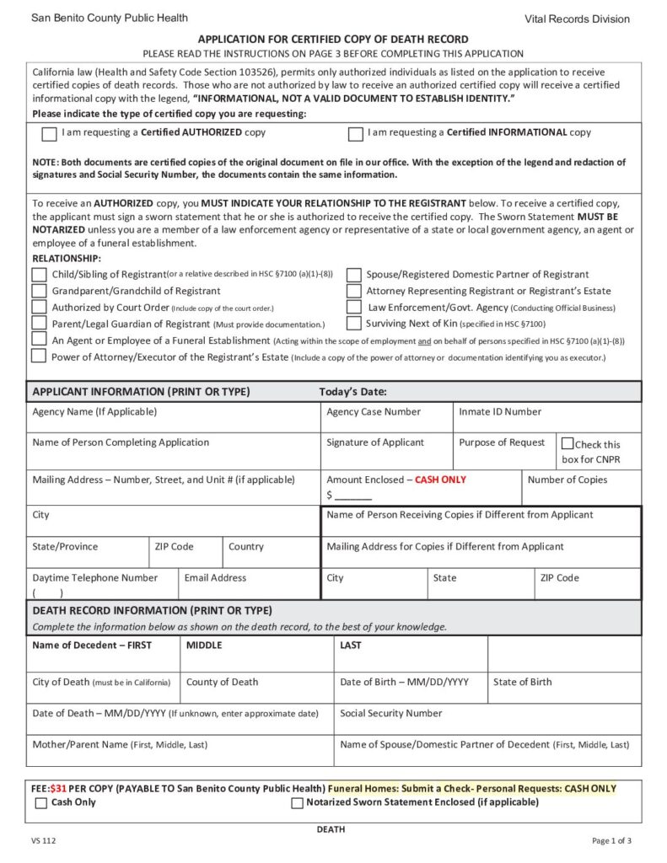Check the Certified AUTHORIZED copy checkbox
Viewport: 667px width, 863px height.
coord(49,134)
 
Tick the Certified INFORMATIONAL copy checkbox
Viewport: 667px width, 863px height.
coord(356,134)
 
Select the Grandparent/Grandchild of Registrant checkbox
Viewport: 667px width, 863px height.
coord(39,291)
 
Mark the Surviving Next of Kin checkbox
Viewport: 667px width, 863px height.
coord(354,323)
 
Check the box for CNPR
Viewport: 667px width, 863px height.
coord(567,444)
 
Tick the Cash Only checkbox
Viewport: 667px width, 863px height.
coord(40,803)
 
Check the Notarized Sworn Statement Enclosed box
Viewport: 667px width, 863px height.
coord(297,803)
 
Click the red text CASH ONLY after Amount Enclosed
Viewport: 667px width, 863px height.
coord(440,480)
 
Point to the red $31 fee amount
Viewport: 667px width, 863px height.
coord(58,789)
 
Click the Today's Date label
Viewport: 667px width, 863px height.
coord(352,392)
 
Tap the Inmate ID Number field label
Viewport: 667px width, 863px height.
coord(500,412)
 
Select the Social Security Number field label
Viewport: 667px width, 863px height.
coord(390,713)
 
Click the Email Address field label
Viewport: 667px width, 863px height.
coord(215,578)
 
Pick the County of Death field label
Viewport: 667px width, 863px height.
coord(222,682)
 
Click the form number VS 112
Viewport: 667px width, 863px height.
coord(44,841)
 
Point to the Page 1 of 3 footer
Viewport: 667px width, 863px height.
coord(611,841)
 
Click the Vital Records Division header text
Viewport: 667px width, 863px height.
coord(577,19)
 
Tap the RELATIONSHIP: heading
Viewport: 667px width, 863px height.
coord(66,258)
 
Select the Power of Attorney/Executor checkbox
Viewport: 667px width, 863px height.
coord(39,356)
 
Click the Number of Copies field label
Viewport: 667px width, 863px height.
coord(567,480)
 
